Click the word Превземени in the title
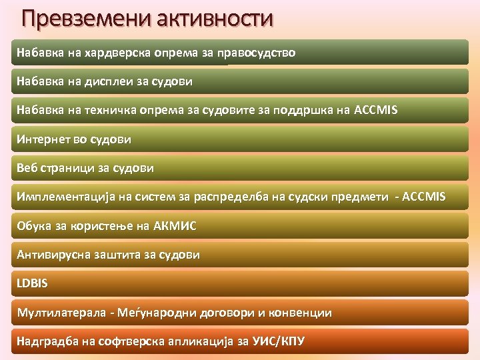tap(87, 18)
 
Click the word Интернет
tap(42, 140)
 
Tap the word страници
tap(68, 169)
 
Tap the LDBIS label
tap(33, 284)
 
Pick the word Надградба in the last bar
tap(47, 342)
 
